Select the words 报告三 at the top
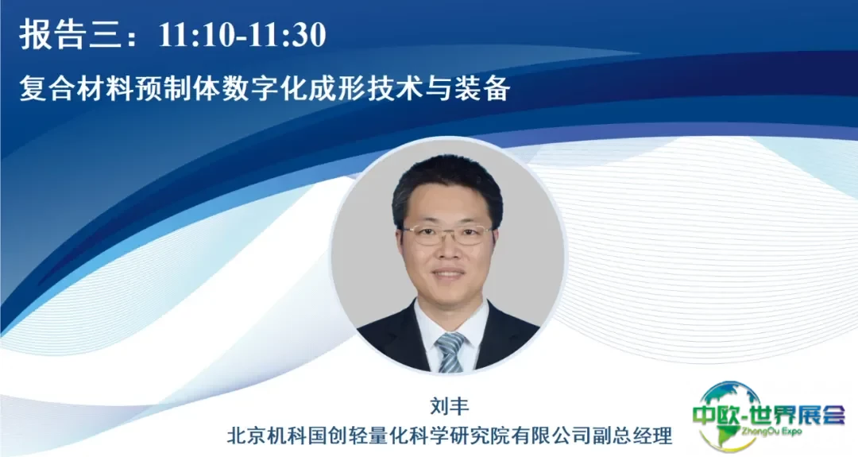[x=68, y=35]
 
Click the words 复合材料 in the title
[x=76, y=89]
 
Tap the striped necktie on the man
[x=450, y=352]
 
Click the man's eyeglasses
[x=447, y=235]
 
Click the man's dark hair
[x=446, y=180]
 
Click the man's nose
[x=447, y=250]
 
